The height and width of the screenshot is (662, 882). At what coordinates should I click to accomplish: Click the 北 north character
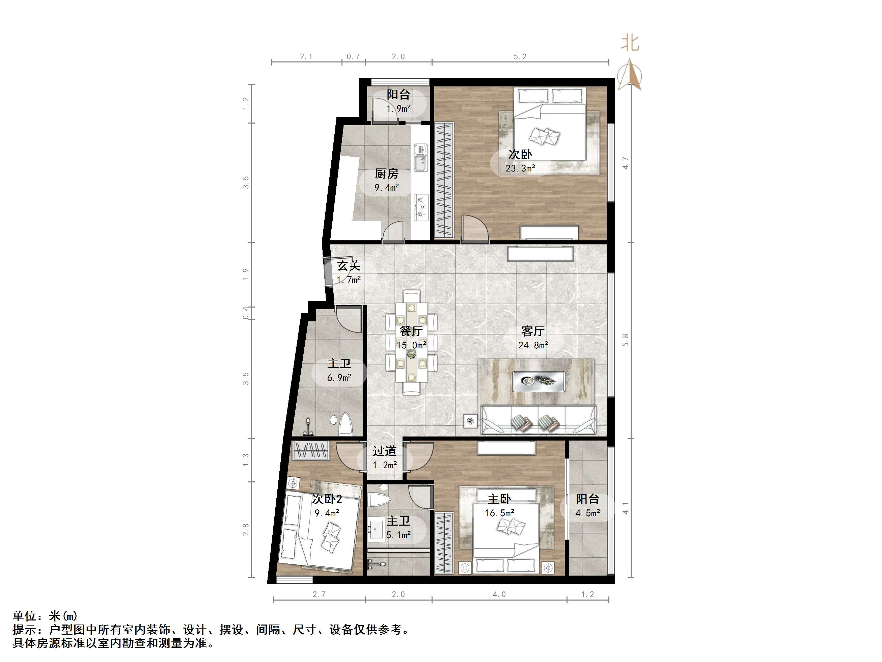point(630,43)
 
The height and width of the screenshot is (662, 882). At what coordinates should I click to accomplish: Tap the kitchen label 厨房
point(386,174)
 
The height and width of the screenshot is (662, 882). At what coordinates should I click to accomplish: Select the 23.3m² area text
point(520,168)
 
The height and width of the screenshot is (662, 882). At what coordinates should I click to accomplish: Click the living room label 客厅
point(533,331)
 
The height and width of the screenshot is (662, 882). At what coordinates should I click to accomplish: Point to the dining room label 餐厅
point(411,331)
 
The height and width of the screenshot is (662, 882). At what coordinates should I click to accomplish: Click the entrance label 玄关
point(349,266)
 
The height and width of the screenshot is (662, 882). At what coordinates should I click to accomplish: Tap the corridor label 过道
point(385,451)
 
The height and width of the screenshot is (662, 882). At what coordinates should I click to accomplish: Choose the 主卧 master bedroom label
point(499,499)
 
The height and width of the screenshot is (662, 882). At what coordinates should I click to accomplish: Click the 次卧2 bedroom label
point(327,499)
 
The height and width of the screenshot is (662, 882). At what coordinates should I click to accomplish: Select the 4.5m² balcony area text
point(587,513)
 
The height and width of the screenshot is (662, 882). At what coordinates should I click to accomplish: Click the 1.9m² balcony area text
point(398,109)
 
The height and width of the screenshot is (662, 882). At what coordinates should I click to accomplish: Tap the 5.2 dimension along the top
point(520,57)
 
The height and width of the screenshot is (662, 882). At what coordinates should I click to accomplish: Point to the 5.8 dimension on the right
point(625,340)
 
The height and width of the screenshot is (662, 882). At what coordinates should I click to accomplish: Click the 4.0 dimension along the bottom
point(499,594)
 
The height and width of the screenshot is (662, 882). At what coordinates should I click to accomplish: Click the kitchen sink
point(420,158)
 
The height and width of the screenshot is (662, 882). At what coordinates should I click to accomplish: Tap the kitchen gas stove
point(421,207)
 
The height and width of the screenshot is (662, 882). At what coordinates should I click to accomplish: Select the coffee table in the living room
point(538,381)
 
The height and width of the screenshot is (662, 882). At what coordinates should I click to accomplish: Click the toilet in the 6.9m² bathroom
point(345,425)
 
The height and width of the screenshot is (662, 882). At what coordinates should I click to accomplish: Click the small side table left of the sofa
point(470,421)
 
